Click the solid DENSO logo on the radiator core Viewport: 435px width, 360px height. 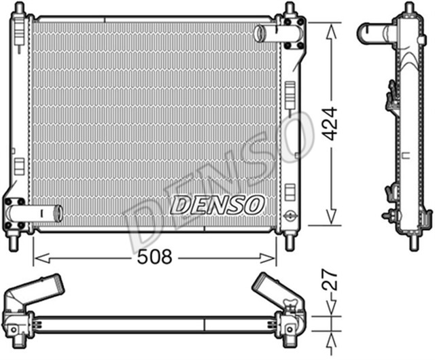coord(216,202)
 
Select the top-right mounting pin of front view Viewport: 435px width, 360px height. coord(290,10)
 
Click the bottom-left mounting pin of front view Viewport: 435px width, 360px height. coord(13,241)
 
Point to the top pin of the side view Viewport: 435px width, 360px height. coord(408,9)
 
